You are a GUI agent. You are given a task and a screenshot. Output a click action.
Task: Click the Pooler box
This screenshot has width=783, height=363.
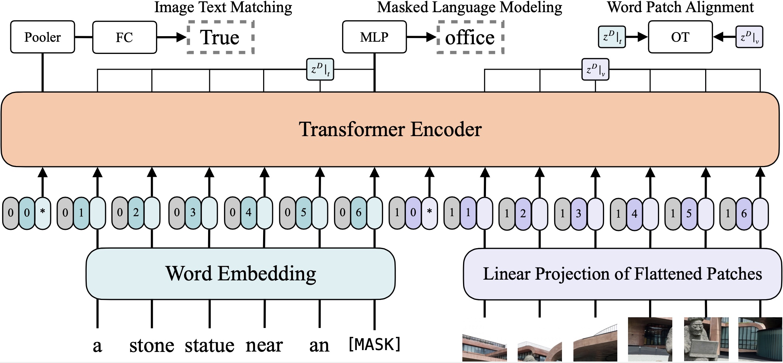42,37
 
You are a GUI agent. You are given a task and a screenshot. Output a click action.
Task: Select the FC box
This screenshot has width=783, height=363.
124,37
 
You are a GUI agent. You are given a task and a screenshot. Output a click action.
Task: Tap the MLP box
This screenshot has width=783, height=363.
374,37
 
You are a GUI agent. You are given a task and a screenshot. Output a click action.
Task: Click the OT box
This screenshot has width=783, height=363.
680,37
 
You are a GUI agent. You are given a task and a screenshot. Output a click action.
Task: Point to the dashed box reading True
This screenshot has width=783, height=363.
220,37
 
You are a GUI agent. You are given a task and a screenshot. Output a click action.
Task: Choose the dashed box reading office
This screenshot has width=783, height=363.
470,37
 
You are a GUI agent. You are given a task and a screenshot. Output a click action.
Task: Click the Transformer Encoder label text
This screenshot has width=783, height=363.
390,129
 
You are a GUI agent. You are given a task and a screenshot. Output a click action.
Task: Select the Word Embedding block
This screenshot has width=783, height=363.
241,273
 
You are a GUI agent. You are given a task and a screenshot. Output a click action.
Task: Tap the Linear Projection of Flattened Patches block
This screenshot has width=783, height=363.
622,274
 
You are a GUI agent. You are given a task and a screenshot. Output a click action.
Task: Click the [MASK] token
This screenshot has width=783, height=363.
375,344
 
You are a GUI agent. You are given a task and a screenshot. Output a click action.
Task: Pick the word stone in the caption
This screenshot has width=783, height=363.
152,345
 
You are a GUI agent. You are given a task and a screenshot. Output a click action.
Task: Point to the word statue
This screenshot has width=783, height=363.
209,345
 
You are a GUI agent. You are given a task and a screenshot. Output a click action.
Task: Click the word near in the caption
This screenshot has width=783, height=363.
264,345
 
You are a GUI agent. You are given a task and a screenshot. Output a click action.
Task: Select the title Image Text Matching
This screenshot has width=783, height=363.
223,7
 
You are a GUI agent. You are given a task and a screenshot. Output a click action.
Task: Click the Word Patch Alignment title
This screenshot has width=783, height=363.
680,7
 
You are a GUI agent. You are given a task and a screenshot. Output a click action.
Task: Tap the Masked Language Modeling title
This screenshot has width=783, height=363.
469,7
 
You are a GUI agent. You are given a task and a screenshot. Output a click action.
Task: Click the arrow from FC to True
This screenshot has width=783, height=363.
172,37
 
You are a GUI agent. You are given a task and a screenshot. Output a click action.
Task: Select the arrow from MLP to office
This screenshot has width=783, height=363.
422,37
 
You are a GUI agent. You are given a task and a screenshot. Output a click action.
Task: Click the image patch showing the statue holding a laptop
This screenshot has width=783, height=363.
706,339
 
